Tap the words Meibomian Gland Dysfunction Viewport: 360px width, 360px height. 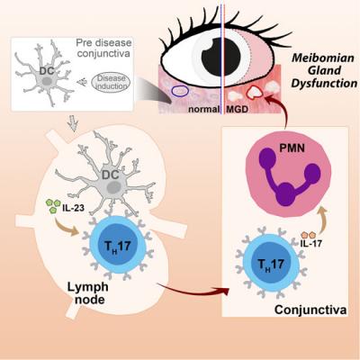tap(323, 71)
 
